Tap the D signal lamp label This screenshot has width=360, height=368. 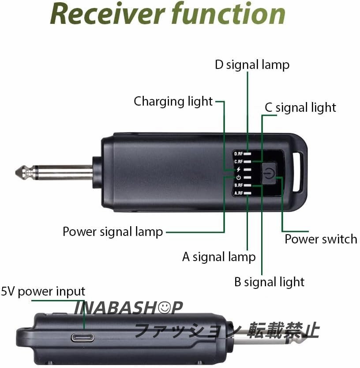252,64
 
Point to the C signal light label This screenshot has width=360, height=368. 300,107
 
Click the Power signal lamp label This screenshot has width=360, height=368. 113,231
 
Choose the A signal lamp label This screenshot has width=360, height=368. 219,256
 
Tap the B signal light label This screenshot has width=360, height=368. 269,281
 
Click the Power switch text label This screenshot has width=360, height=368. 321,239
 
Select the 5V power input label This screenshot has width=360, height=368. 43,292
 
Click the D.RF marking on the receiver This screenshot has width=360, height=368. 239,154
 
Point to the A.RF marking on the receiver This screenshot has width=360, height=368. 239,193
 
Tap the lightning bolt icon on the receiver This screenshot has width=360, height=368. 239,169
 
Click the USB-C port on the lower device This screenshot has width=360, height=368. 82,336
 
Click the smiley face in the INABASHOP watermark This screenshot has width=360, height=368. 165,307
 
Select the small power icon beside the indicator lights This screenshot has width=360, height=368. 239,178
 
